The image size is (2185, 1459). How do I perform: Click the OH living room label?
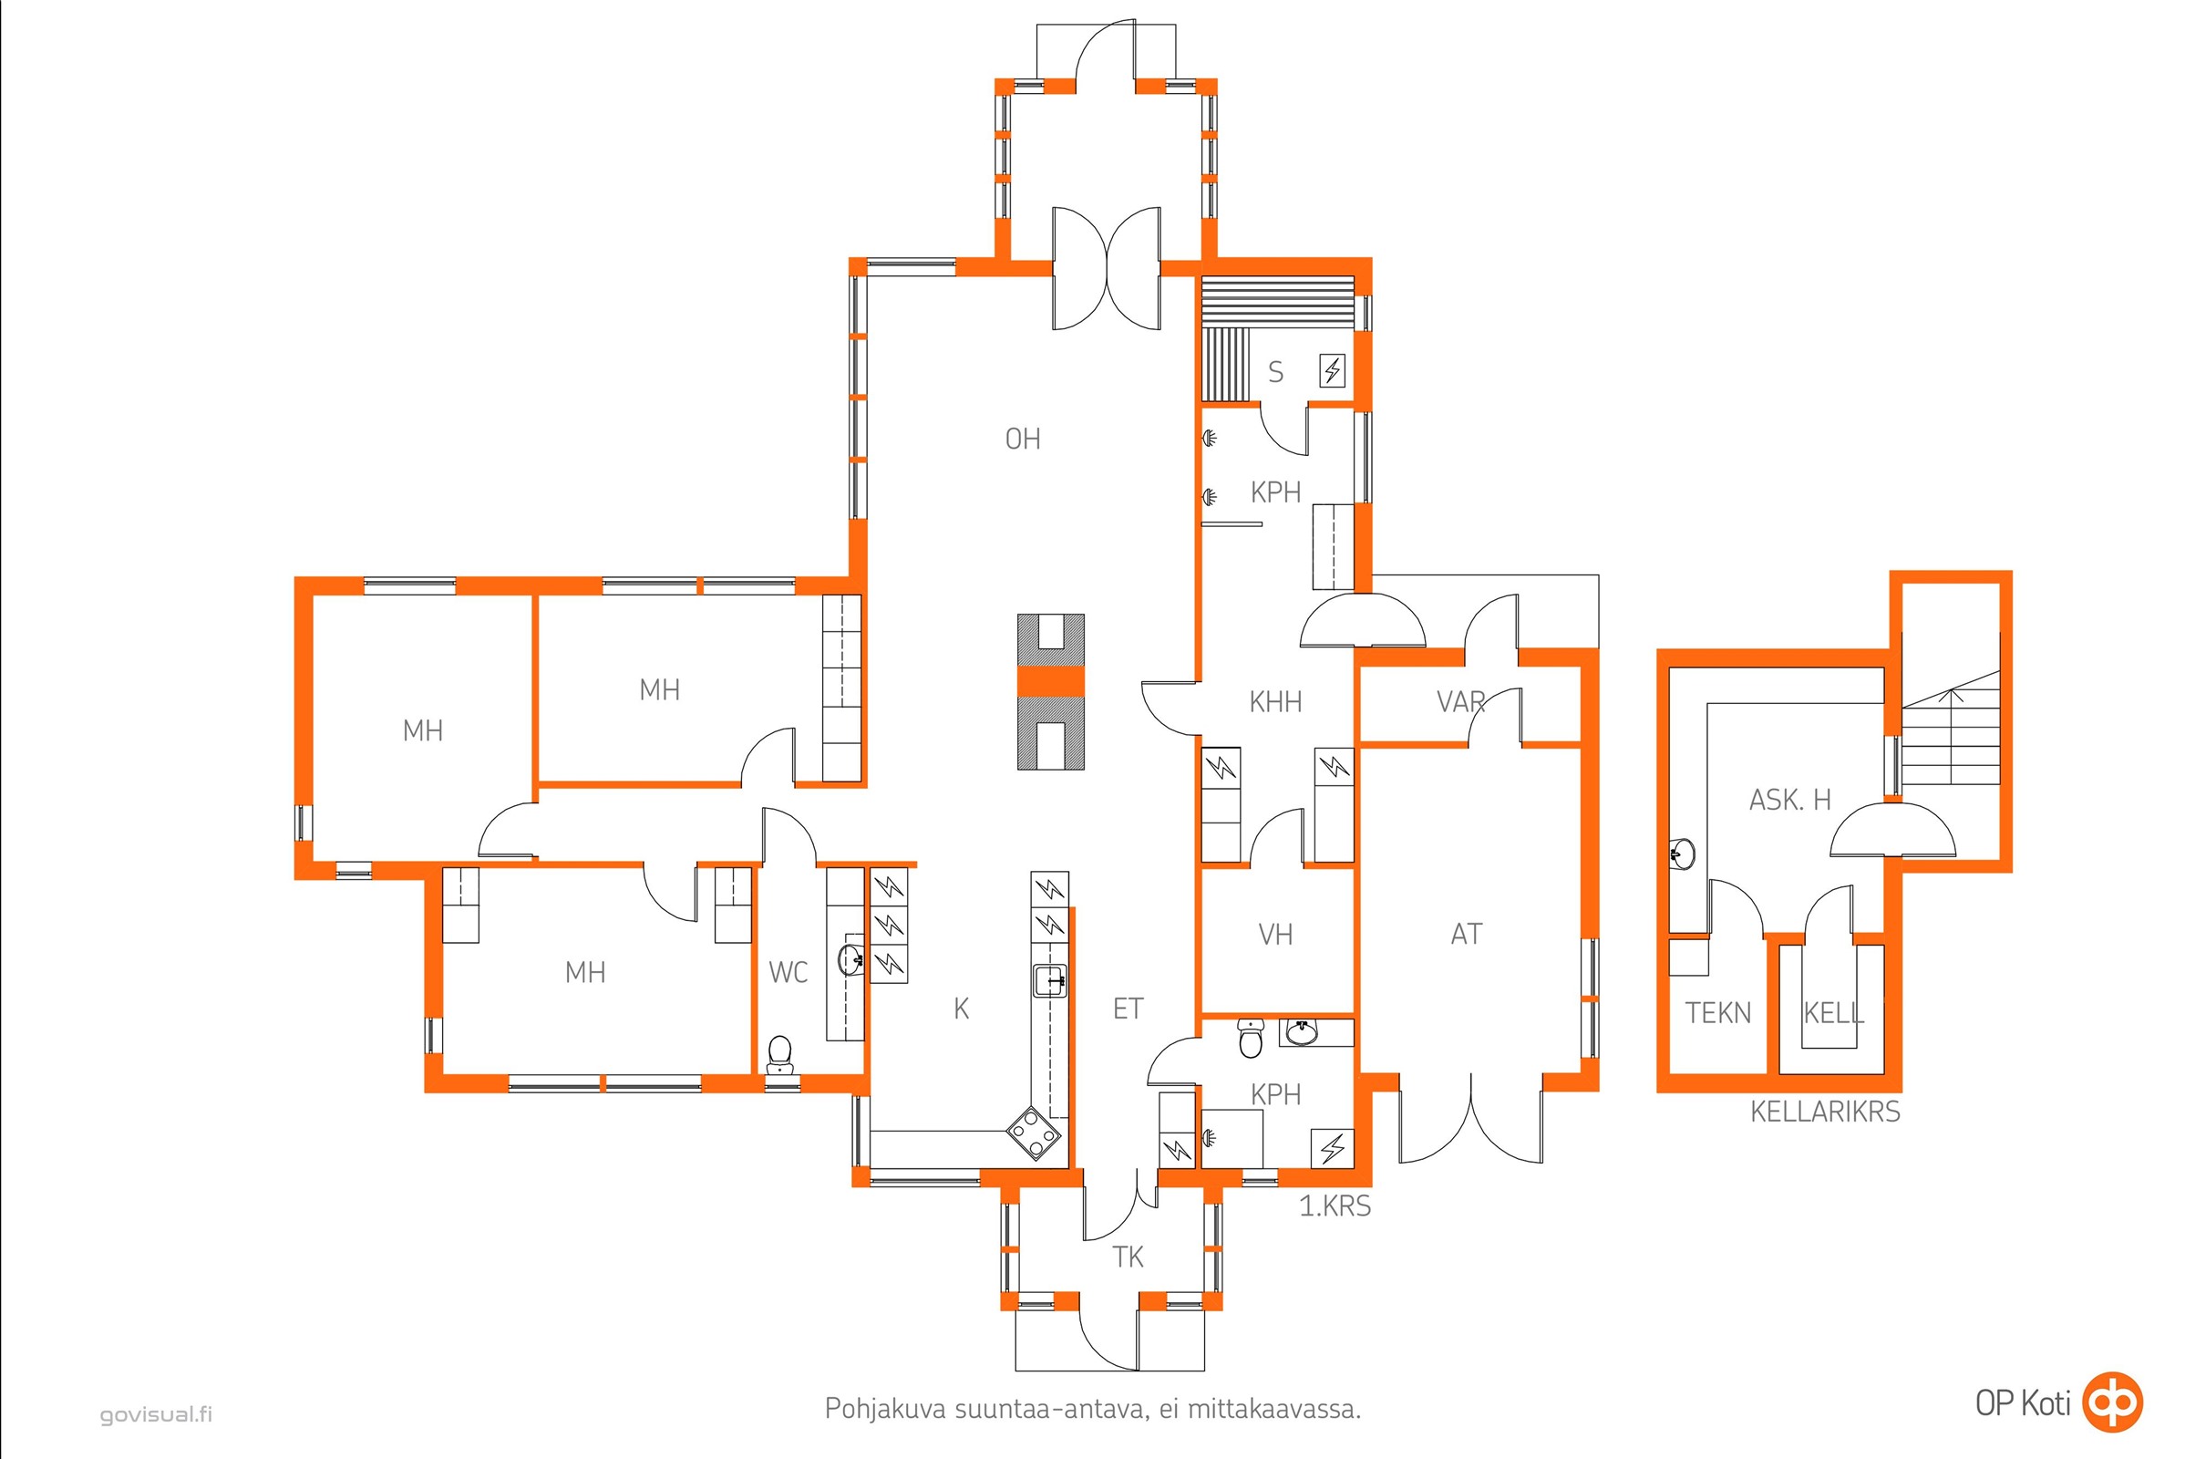(x=1022, y=439)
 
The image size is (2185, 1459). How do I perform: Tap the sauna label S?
(x=1275, y=372)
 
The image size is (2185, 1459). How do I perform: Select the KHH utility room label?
(x=1275, y=701)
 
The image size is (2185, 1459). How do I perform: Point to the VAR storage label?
(x=1460, y=701)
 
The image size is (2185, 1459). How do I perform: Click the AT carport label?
(x=1466, y=934)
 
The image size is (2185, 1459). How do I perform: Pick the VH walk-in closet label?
(x=1275, y=934)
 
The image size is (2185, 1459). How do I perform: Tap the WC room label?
(x=788, y=972)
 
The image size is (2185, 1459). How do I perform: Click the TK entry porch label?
(x=1128, y=1257)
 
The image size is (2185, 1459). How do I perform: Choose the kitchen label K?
(x=962, y=1009)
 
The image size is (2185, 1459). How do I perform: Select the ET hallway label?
(x=1128, y=1009)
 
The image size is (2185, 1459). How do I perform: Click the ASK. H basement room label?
(x=1789, y=800)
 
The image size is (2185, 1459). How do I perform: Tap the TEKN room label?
(x=1718, y=1013)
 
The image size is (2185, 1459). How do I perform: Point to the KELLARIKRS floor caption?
(x=1825, y=1111)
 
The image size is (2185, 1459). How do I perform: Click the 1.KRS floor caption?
(x=1335, y=1205)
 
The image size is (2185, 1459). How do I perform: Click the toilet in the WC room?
(x=779, y=1055)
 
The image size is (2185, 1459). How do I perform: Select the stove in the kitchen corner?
(x=1035, y=1132)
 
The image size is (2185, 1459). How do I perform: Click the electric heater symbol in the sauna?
(x=1332, y=372)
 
